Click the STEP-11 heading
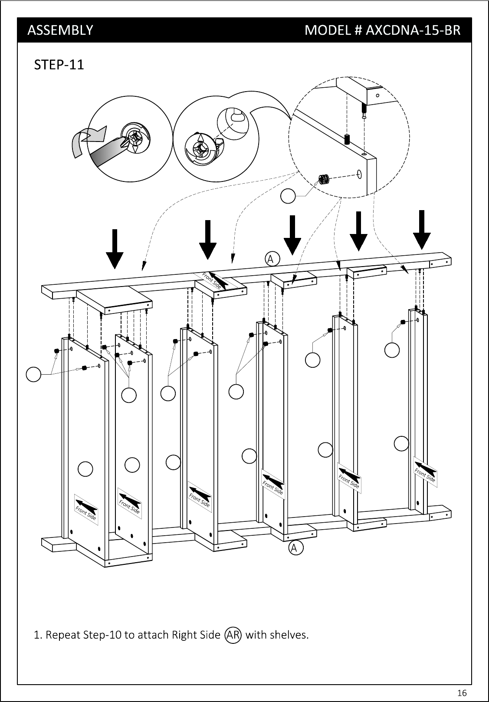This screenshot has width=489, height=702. pyautogui.click(x=59, y=65)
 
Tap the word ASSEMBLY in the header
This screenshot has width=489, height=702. pyautogui.click(x=60, y=30)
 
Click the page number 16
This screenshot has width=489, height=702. pyautogui.click(x=462, y=692)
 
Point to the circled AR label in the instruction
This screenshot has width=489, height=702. pyautogui.click(x=233, y=635)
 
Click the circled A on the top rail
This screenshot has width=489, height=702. pyautogui.click(x=272, y=259)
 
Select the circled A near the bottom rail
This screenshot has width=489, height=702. pyautogui.click(x=296, y=548)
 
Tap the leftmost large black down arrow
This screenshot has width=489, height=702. pyautogui.click(x=115, y=249)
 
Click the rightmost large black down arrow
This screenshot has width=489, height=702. pyautogui.click(x=422, y=230)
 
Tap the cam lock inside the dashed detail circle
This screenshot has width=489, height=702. pyautogui.click(x=323, y=179)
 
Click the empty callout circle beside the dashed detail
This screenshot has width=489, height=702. pyautogui.click(x=288, y=196)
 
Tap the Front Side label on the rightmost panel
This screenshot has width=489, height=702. pyautogui.click(x=425, y=474)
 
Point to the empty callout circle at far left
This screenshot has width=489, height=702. pyautogui.click(x=33, y=374)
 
